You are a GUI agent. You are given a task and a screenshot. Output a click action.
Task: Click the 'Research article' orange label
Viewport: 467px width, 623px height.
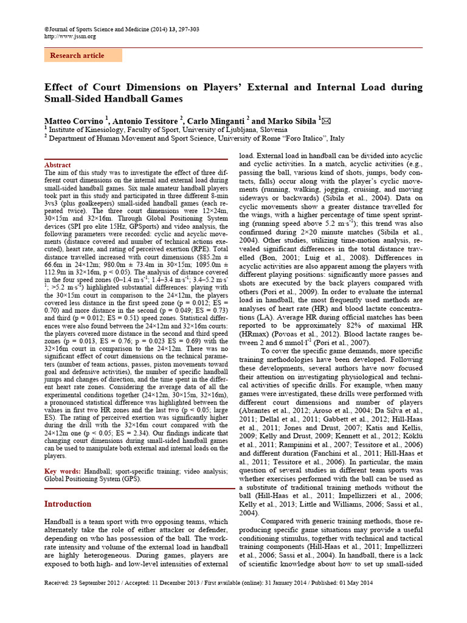click(x=77, y=55)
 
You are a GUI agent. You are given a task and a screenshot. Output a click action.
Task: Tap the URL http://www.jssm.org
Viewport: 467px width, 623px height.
click(x=71, y=36)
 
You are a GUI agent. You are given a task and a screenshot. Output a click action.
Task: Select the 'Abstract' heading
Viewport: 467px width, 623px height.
click(x=58, y=165)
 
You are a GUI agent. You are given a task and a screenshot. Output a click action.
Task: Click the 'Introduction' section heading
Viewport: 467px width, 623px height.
click(x=68, y=504)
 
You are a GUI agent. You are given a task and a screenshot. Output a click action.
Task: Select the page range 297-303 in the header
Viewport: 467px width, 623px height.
click(x=185, y=29)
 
